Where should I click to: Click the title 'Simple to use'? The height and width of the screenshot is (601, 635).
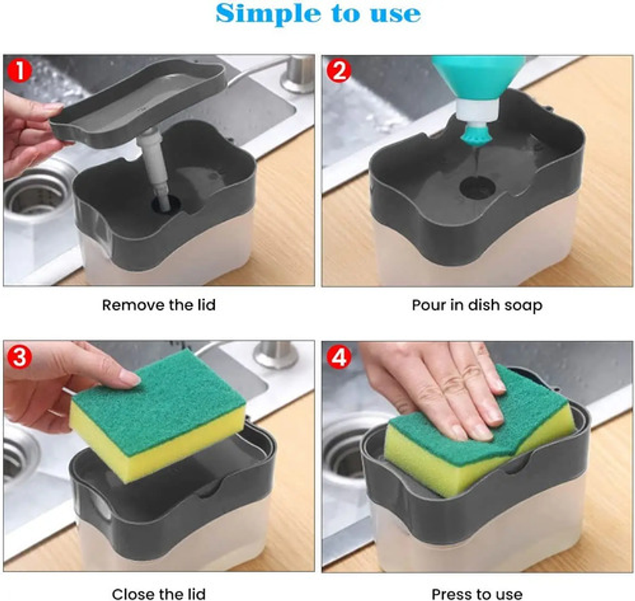tap(317, 13)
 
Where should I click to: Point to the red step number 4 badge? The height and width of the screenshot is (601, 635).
tap(338, 358)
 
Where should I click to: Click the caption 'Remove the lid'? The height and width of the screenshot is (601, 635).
tap(159, 305)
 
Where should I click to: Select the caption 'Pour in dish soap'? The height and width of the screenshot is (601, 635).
tap(476, 305)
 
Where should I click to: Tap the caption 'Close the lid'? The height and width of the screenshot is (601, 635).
tap(159, 594)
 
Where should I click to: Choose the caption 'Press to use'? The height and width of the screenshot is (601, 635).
tap(476, 594)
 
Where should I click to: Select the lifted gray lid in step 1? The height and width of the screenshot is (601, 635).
tap(139, 99)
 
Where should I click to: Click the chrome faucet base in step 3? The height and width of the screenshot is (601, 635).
tap(275, 354)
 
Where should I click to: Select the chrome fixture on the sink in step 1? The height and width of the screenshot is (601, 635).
tap(298, 73)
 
